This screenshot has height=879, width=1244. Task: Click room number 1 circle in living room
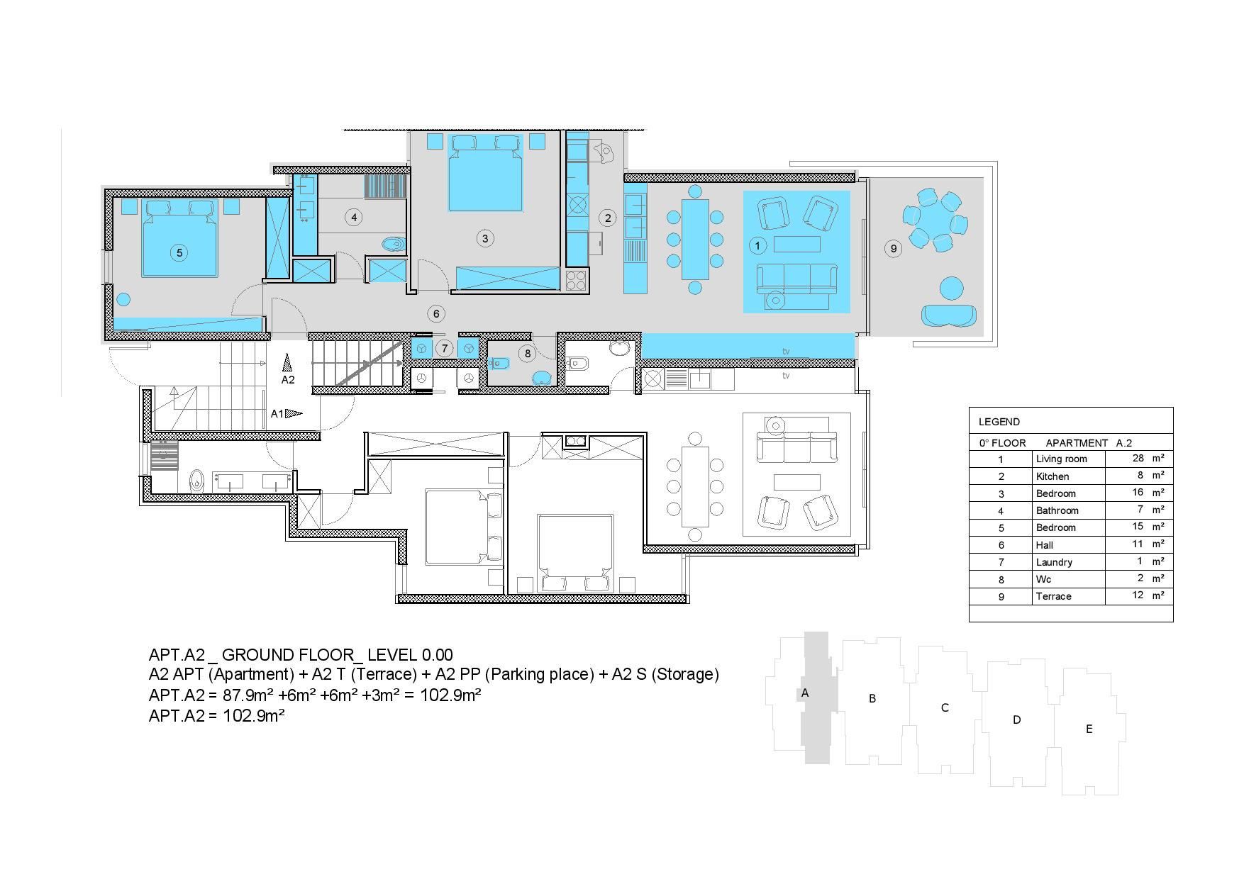[757, 245]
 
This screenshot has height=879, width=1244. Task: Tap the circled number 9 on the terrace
[893, 248]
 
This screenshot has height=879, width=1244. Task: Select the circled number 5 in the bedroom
[179, 252]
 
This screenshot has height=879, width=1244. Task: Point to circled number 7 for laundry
[444, 348]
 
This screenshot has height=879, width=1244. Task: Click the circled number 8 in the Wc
[527, 353]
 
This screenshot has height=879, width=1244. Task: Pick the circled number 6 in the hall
[436, 313]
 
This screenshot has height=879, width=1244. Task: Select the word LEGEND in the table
[999, 422]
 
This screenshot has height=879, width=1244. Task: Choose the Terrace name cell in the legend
[1053, 596]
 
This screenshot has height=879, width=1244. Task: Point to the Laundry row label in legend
[1054, 562]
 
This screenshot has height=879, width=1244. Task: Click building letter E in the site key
[1089, 729]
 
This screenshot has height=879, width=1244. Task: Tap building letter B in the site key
[872, 698]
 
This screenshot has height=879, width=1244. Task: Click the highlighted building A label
[804, 693]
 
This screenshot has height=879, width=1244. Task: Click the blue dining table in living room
[695, 240]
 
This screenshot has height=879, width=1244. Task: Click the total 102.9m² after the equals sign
[450, 695]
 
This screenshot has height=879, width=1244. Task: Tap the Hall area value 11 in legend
[1138, 544]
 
